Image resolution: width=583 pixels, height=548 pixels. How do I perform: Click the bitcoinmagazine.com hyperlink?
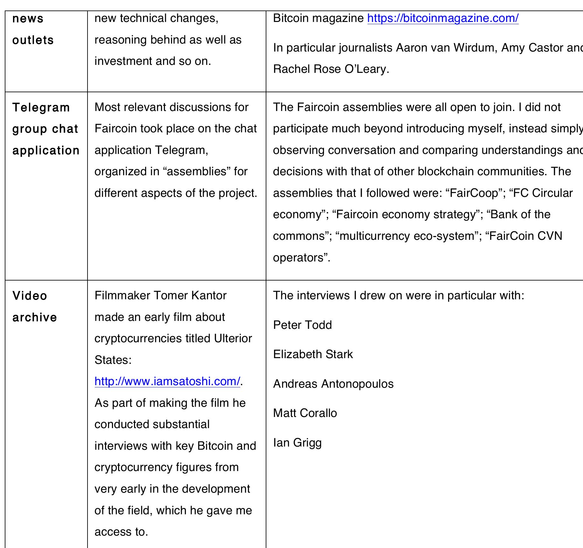(443, 18)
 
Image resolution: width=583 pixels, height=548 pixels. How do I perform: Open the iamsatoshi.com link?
(167, 381)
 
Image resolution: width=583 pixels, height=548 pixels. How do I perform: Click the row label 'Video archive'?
(34, 307)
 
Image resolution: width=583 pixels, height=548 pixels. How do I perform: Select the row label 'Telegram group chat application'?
(46, 129)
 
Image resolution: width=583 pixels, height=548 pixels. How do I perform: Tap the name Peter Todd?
(302, 325)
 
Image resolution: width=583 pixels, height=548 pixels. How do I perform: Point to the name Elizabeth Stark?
(313, 354)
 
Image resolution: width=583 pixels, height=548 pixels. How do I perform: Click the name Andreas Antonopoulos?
(333, 384)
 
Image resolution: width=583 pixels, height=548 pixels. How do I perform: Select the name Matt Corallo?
(305, 413)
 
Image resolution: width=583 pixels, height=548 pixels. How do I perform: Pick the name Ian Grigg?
(297, 443)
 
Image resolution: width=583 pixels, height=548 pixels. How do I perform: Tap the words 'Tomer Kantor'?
(190, 295)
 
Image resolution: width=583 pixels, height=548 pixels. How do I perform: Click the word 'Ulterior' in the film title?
(233, 338)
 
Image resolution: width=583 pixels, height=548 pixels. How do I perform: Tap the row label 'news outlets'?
(33, 29)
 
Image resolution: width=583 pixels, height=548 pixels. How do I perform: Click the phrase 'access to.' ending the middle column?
(121, 532)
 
